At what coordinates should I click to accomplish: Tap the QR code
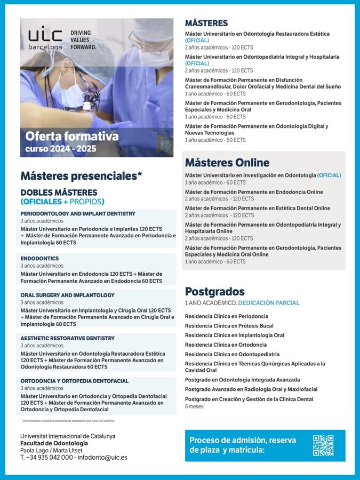point(323,445)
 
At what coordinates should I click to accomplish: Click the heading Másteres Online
point(227,163)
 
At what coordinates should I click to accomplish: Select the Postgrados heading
point(215,292)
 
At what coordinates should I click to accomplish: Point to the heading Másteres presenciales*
point(82,175)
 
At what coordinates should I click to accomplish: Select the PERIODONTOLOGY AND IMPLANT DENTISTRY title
point(78,213)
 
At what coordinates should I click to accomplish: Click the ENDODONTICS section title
point(39,258)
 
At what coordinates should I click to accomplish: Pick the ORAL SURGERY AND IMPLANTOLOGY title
point(68,295)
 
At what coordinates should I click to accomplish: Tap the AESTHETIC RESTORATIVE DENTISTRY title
point(68,338)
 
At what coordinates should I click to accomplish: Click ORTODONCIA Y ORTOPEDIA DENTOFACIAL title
point(75,381)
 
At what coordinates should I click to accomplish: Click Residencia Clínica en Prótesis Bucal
point(229,326)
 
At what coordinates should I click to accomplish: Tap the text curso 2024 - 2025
point(61,149)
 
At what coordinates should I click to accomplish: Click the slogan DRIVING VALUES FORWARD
point(83,40)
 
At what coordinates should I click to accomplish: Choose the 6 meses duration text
point(194,406)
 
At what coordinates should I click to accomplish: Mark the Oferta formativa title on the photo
point(72,137)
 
